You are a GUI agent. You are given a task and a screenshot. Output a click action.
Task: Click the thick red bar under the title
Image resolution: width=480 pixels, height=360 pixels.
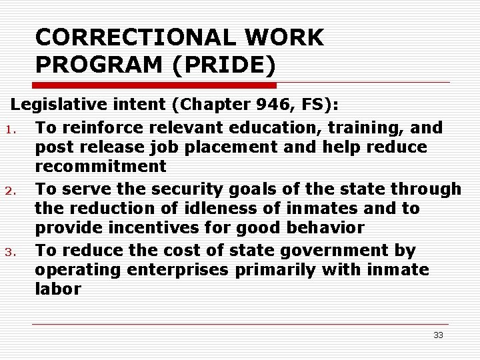[x=154, y=85]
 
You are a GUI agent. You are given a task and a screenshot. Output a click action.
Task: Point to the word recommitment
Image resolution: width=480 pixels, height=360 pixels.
[x=101, y=167]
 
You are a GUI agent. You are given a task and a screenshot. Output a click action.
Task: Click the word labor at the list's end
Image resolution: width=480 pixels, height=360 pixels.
[x=58, y=289]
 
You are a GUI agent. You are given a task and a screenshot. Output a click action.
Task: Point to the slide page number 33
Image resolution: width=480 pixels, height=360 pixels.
[x=438, y=335]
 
